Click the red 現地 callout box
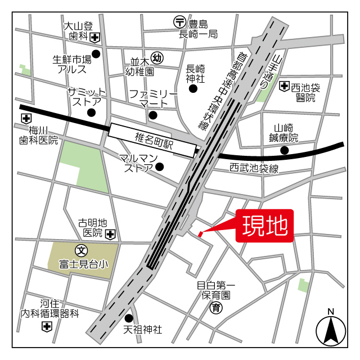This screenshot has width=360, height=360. point(265,227)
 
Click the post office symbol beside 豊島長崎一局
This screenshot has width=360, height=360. point(179,22)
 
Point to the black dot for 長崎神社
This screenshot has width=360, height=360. point(193,88)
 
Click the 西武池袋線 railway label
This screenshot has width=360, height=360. point(254,168)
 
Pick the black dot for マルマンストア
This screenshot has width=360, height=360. point(160,166)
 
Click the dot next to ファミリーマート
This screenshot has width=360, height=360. point(153,115)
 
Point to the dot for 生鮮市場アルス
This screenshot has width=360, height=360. point(96,54)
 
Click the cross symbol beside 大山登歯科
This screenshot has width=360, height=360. point(96,37)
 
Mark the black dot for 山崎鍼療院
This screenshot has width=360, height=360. point(285,150)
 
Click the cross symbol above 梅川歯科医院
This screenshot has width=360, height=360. point(25,119)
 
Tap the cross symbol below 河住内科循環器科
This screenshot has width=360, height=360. point(46,326)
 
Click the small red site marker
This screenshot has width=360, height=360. point(200,233)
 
